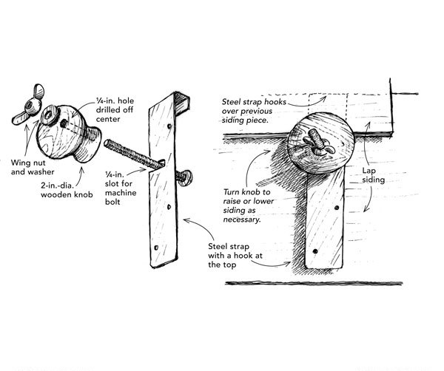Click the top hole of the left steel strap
click(171, 126)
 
